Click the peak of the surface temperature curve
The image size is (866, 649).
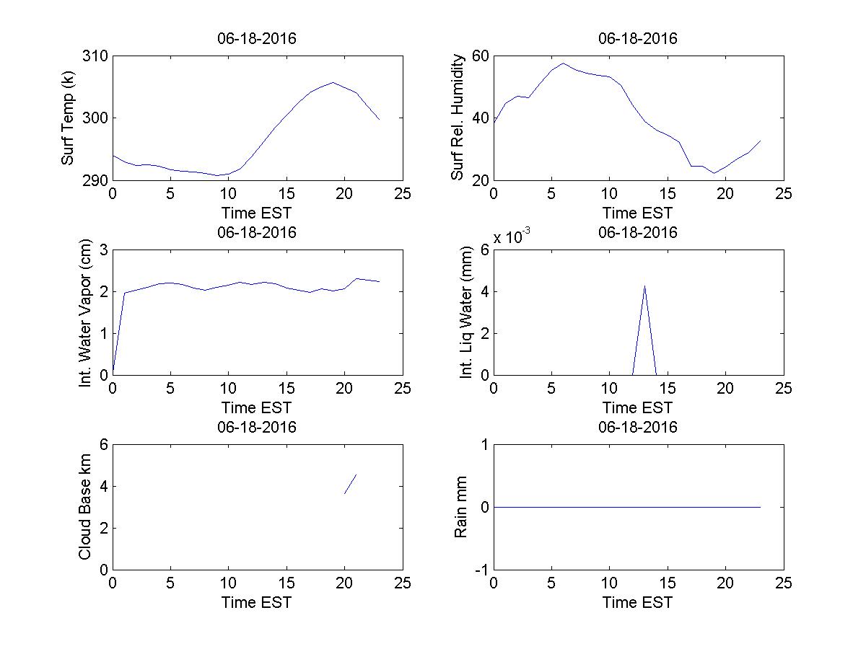333,82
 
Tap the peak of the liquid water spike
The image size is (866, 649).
644,286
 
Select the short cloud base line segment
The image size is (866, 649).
351,484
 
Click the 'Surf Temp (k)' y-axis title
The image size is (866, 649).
68,118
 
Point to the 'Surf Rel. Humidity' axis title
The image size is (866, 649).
457,118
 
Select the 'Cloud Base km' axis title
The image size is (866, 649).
85,507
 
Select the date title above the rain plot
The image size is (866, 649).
638,427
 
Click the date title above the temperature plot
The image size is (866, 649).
257,39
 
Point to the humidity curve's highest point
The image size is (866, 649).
564,63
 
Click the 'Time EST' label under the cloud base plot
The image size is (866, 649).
257,602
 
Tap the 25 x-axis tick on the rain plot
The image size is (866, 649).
784,583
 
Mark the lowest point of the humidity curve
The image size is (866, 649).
714,173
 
